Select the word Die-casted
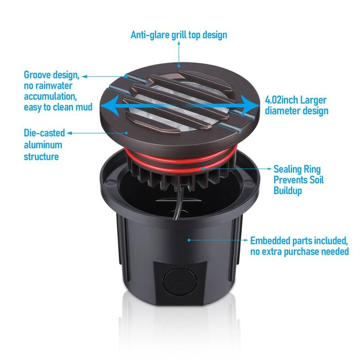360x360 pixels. click(44, 133)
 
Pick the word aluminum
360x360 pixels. click(43, 145)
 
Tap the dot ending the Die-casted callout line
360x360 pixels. click(128, 133)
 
